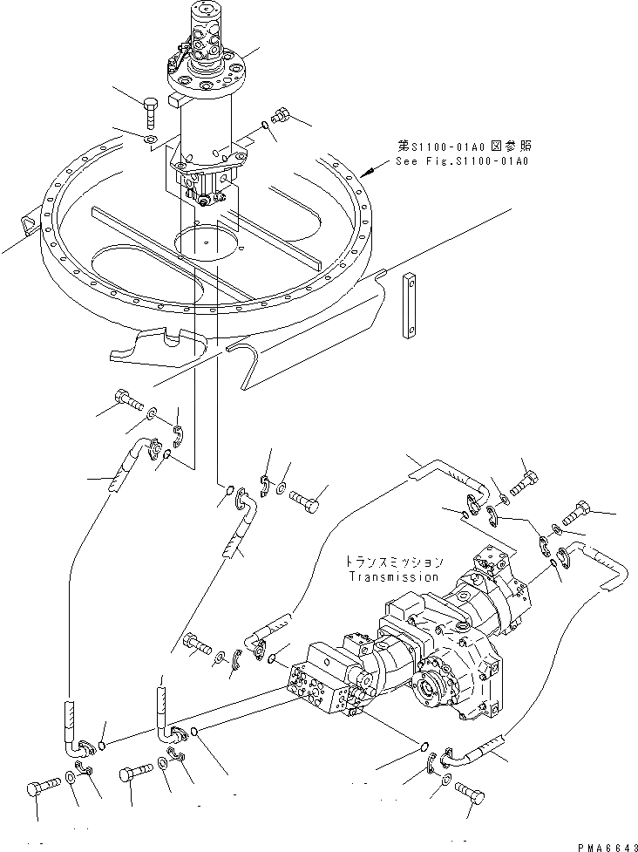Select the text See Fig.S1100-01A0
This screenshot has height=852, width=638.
coord(461,161)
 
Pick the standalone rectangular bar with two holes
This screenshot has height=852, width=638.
coord(408,305)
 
